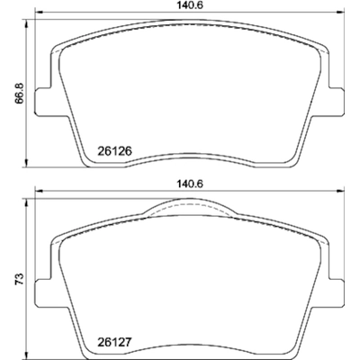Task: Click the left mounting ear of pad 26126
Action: click(x=43, y=102)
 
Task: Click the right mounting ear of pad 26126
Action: click(x=338, y=102)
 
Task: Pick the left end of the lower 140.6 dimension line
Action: click(x=34, y=192)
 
